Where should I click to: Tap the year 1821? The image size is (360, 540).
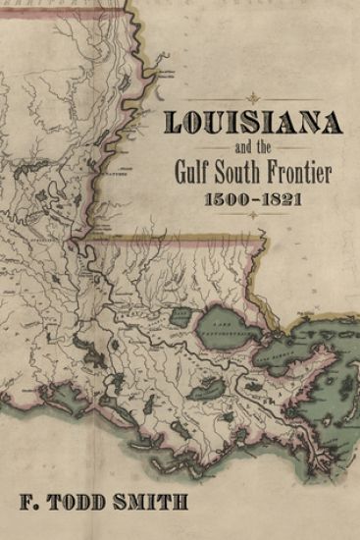click(x=284, y=200)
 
